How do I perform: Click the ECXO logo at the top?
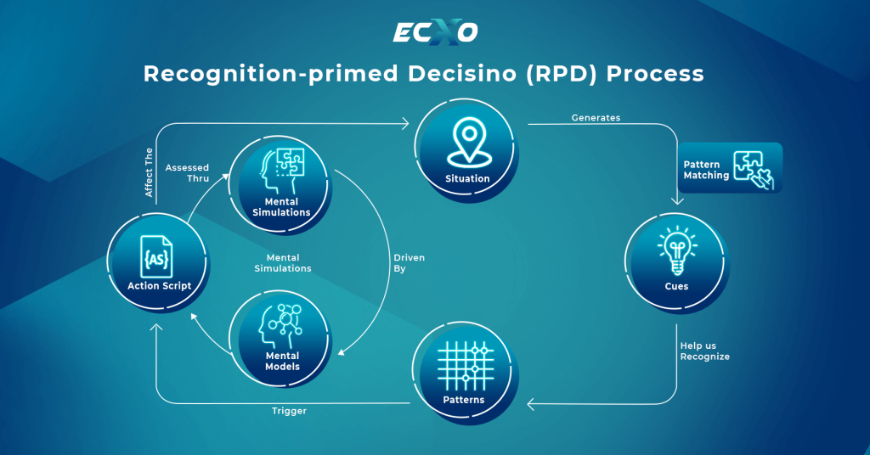(435, 32)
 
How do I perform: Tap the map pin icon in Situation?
(466, 143)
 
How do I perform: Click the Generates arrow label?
(596, 118)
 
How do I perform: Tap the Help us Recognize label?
(704, 351)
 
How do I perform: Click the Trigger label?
(290, 411)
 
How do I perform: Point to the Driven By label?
(409, 263)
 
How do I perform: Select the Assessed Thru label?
(187, 174)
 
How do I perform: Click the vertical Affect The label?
(149, 171)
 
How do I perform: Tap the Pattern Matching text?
(706, 170)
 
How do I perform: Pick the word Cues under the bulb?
(677, 286)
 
